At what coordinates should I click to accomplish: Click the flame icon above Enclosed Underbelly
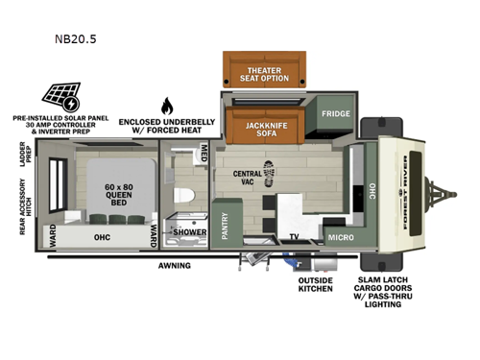coord(167,106)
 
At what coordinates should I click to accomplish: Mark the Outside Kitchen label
coord(314,283)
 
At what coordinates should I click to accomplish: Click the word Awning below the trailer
coord(174,265)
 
